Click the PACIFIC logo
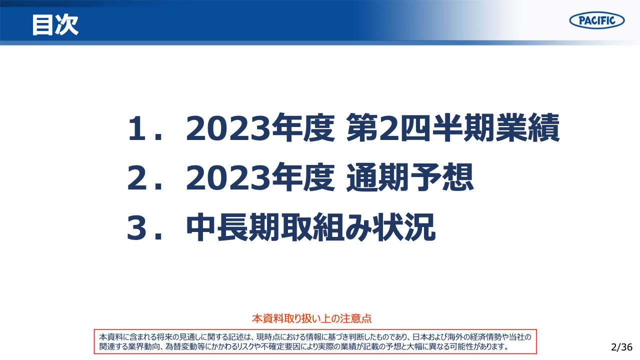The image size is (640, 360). click(x=596, y=20)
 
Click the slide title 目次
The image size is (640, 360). click(x=55, y=24)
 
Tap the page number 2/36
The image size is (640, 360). click(x=621, y=347)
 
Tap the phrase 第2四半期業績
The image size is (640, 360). click(x=453, y=129)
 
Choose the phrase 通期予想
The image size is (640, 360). click(x=410, y=179)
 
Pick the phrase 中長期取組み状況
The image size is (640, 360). click(x=310, y=229)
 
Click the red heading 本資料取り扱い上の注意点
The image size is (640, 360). click(x=312, y=318)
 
